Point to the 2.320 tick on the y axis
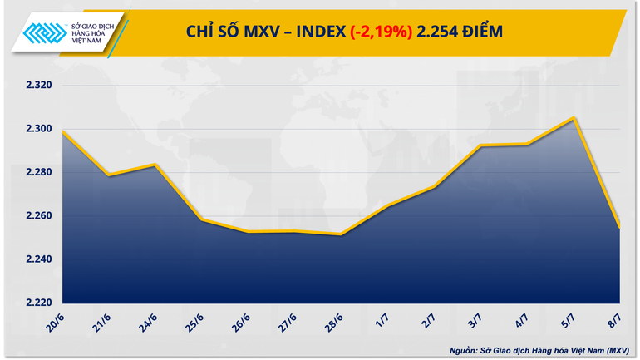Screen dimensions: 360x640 pos(34,86)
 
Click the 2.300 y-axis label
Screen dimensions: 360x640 pos(34,129)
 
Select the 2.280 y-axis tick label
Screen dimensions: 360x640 pos(34,172)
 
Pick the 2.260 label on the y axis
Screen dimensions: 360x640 pos(34,216)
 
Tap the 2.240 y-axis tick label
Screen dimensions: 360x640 pos(34,259)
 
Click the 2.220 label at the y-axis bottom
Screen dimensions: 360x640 pos(34,303)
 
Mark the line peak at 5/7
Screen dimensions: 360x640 pos(574,117)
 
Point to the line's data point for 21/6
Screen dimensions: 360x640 pos(109,175)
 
